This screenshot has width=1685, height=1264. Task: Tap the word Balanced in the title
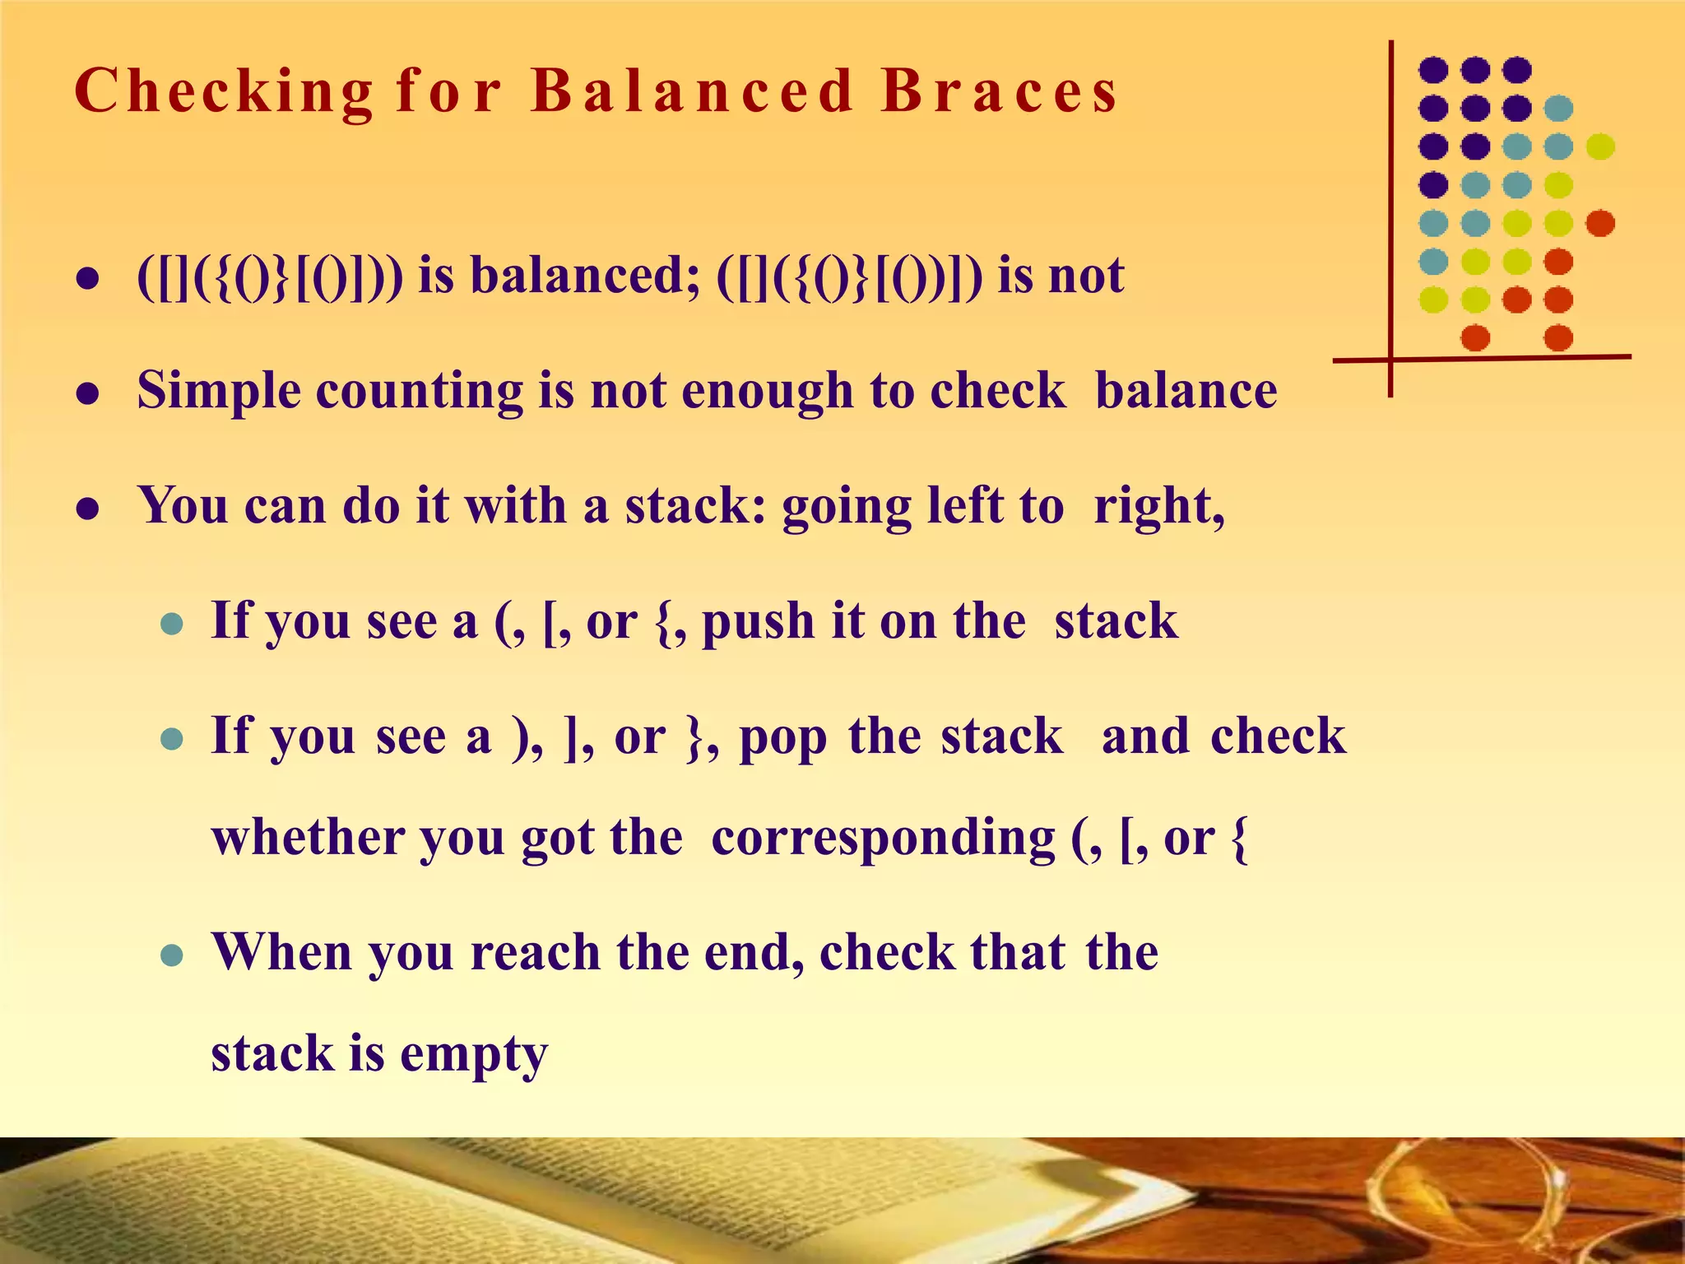tap(692, 90)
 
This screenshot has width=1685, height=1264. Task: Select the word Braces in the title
tap(1000, 90)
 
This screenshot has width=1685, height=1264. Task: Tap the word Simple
tap(219, 390)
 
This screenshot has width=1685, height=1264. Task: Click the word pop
tap(782, 737)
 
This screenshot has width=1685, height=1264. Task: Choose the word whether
tap(309, 838)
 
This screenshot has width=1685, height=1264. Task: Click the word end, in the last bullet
tap(754, 952)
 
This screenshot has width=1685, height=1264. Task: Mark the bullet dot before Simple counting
tap(88, 394)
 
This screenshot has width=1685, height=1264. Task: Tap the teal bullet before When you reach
tap(171, 955)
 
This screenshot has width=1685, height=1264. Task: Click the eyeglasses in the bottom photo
tap(1481, 1193)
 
